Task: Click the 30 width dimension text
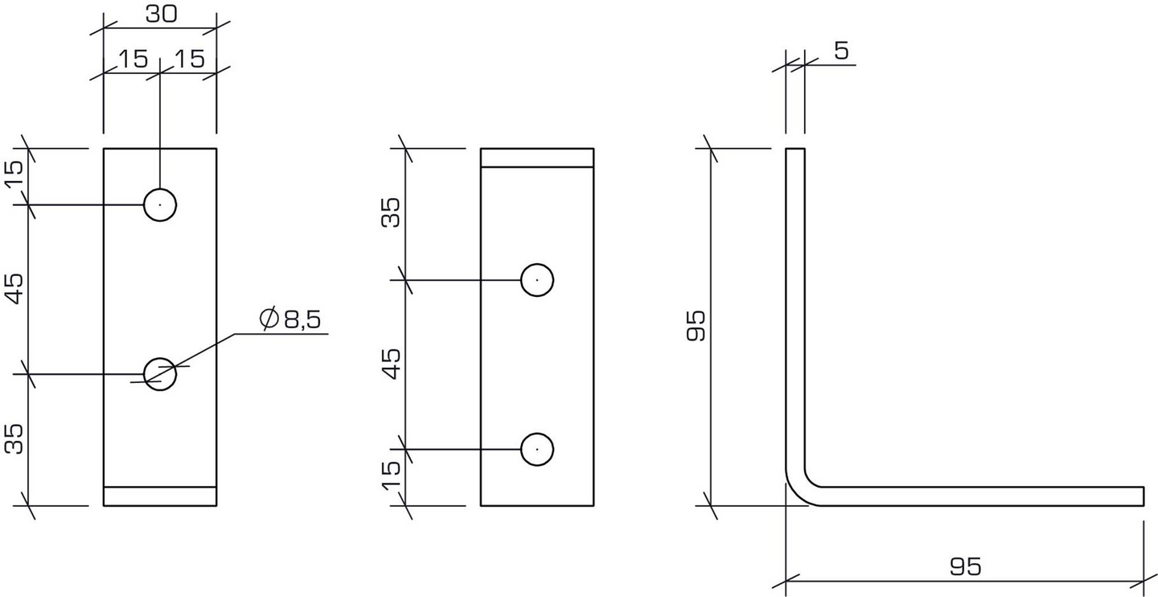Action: [x=161, y=14]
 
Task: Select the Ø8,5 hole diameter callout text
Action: [x=290, y=319]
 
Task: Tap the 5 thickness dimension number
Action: [x=841, y=51]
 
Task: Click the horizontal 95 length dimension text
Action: [x=965, y=566]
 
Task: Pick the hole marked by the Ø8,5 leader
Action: [x=160, y=373]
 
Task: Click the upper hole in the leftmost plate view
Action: [x=160, y=205]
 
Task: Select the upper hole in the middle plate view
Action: [x=537, y=280]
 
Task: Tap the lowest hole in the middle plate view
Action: [x=537, y=449]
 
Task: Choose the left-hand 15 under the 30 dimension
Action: [x=133, y=58]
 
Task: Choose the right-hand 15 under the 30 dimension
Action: [x=189, y=58]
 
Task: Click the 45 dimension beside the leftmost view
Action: [x=16, y=288]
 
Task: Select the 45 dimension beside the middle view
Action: [x=392, y=363]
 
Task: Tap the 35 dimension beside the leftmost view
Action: [x=16, y=438]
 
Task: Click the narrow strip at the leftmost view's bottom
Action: [x=160, y=496]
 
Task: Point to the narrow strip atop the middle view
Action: [x=537, y=158]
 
